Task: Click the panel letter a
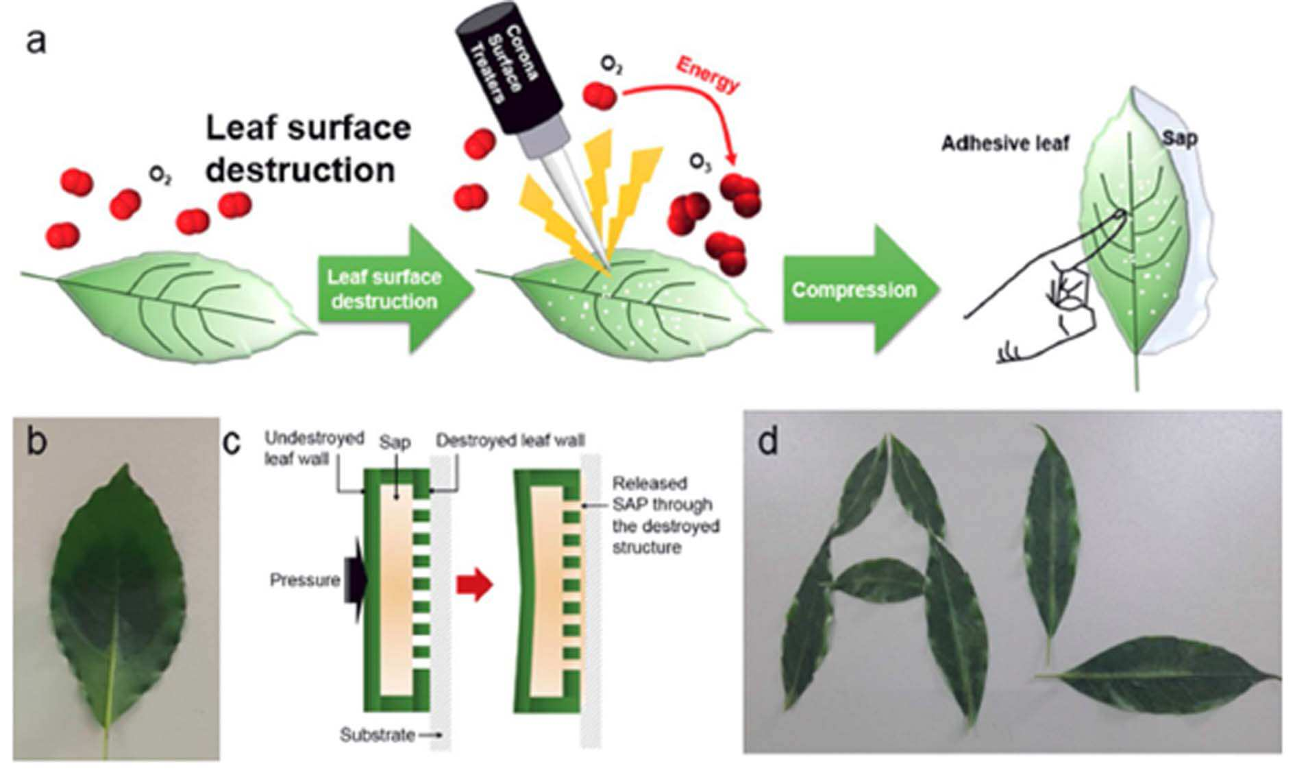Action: [36, 40]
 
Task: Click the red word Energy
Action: [708, 73]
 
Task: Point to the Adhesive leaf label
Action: [1005, 143]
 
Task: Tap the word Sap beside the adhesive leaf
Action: [1180, 139]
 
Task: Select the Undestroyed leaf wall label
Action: [314, 448]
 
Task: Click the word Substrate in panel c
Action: [378, 735]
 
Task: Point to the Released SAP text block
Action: [662, 515]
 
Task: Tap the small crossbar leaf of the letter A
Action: [880, 580]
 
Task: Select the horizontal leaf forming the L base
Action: [1158, 675]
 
